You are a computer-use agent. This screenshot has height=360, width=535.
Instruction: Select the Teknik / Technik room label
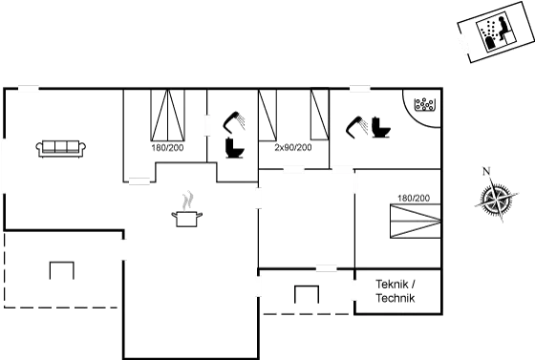[x=396, y=291]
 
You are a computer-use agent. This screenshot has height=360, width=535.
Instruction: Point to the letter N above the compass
[x=486, y=172]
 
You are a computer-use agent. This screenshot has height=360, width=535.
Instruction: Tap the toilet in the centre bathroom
[x=231, y=150]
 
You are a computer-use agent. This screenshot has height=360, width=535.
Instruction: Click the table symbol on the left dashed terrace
[x=61, y=268]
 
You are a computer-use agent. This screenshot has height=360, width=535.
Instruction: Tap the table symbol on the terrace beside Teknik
[x=306, y=294]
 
